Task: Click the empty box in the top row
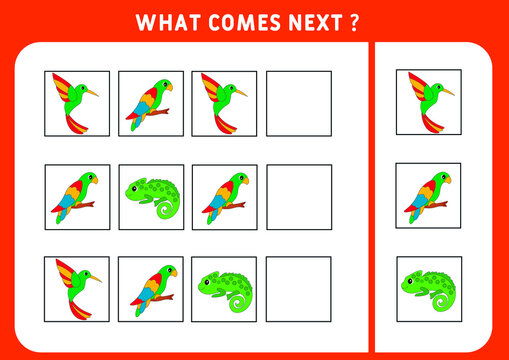[298, 103]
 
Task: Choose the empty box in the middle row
[298, 197]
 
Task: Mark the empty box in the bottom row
[298, 289]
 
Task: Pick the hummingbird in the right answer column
[429, 103]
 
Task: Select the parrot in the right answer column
[429, 196]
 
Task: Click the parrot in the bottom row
[151, 289]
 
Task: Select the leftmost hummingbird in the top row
[76, 103]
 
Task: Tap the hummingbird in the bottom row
[76, 289]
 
